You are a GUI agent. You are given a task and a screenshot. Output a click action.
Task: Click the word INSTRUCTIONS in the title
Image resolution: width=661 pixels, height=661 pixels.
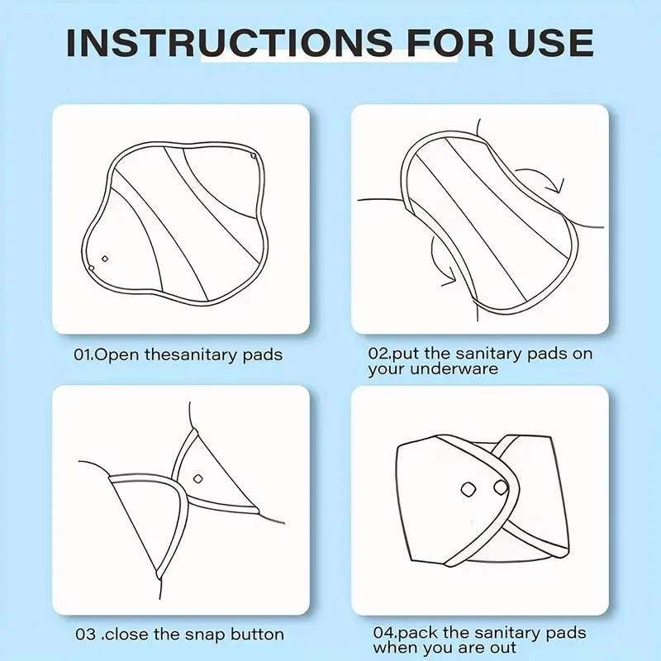coord(230,43)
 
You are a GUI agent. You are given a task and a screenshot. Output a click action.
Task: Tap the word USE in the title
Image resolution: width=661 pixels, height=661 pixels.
coord(550,43)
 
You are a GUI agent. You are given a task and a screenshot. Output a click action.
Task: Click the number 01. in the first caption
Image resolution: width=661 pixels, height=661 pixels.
coord(84,354)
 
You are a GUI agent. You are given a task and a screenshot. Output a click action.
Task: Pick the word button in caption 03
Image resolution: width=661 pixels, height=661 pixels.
coord(257,635)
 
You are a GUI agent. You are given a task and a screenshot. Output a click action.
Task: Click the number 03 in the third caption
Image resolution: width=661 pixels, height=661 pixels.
coord(85,635)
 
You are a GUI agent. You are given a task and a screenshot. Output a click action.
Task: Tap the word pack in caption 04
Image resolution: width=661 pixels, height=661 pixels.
coord(418,634)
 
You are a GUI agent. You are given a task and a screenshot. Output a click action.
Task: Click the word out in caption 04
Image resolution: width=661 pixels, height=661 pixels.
coord(502,648)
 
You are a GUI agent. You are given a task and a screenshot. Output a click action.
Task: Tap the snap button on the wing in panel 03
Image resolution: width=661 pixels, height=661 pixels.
coord(197,479)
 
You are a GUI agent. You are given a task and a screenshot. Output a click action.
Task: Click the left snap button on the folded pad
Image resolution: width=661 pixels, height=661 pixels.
coord(468,489)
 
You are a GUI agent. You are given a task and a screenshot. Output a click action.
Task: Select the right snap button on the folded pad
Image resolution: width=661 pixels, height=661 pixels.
coord(501,487)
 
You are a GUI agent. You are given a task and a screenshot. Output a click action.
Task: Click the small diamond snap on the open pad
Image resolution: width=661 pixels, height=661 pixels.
coord(105,259)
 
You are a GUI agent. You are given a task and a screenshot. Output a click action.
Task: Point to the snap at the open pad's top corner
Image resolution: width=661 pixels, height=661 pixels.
coord(254,156)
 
